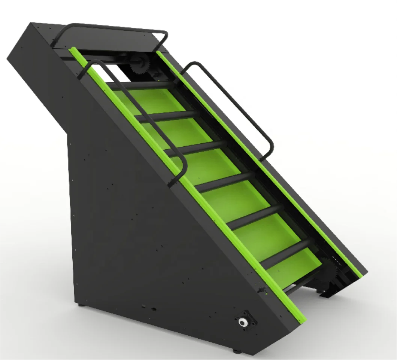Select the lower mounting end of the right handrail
click(x=266, y=158)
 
